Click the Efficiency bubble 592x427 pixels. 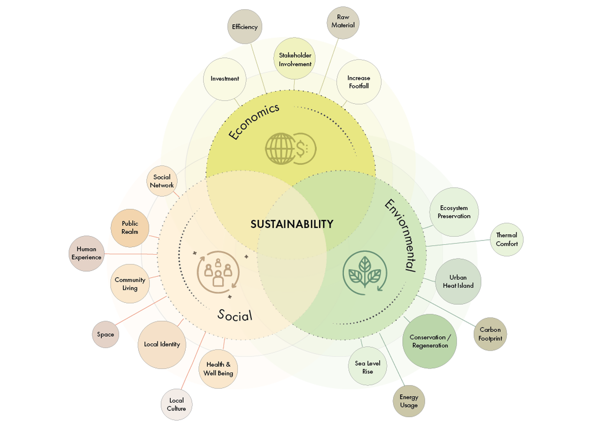[x=245, y=27]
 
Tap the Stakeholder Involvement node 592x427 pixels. [x=295, y=59]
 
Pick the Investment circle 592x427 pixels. [x=225, y=79]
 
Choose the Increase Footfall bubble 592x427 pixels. [x=359, y=82]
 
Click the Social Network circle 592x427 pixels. [x=162, y=181]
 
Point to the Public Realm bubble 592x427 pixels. [x=130, y=228]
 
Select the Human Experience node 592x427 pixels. [x=86, y=254]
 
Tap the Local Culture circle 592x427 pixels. [x=176, y=404]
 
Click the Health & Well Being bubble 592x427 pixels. [x=218, y=369]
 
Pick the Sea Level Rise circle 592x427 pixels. [x=367, y=367]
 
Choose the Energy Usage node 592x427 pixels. [x=409, y=401]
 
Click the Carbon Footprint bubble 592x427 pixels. [x=490, y=334]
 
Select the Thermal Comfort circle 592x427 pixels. [x=507, y=239]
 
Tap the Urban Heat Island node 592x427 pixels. [x=458, y=281]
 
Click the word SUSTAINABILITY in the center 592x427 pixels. [x=292, y=224]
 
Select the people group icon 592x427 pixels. [x=218, y=272]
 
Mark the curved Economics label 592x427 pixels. [x=254, y=121]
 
